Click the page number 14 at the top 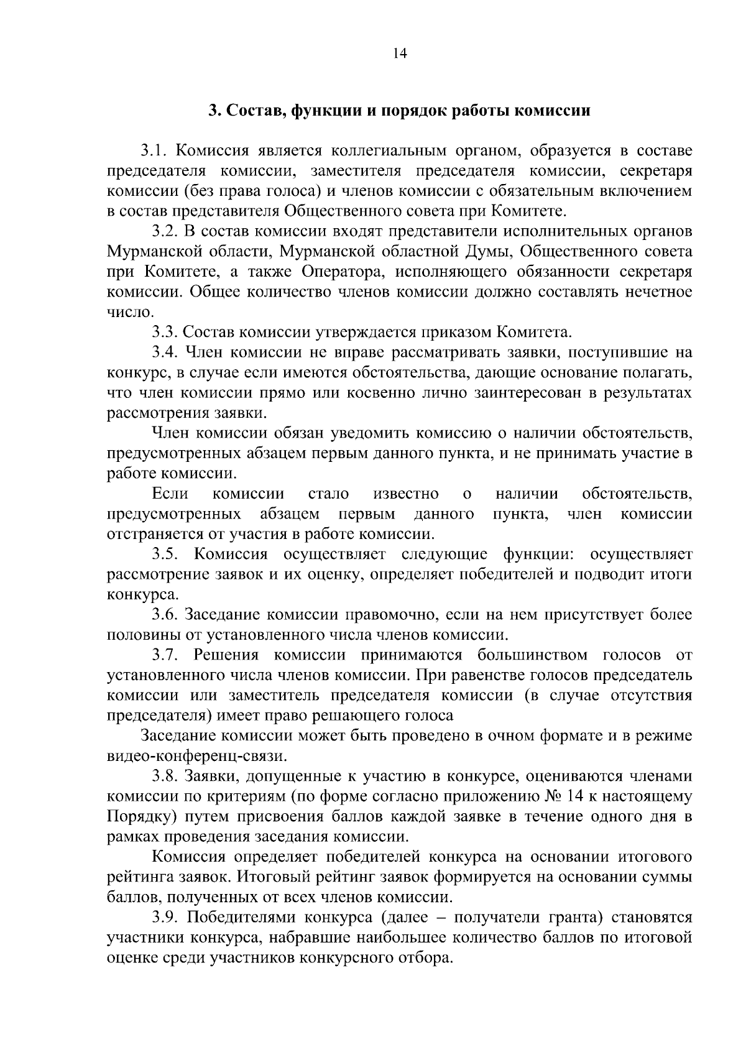coord(400,53)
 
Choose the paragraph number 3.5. coord(167,555)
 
